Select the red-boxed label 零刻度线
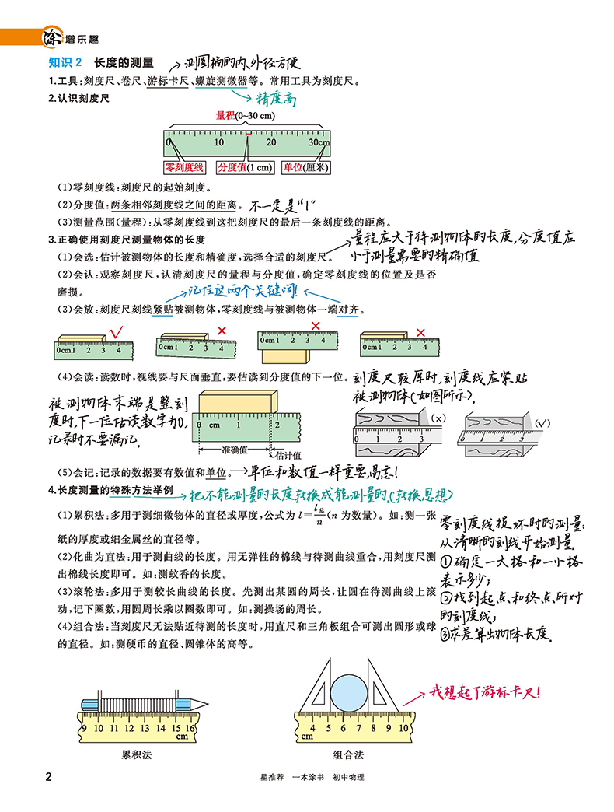coord(183,167)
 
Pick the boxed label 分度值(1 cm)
coord(245,167)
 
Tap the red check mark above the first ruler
coord(119,333)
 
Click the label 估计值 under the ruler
coord(286,456)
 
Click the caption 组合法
coord(348,754)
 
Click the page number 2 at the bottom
coord(48,777)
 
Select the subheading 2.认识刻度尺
coord(80,99)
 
